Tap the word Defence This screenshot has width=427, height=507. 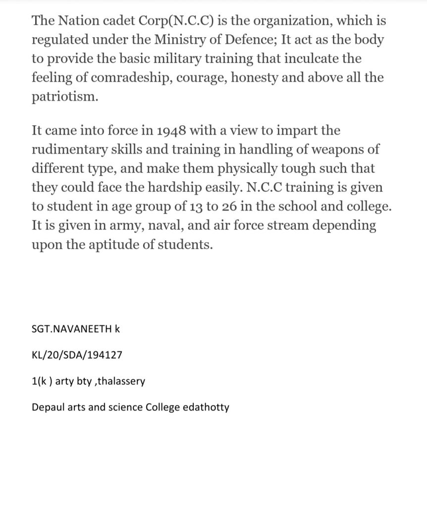click(x=287, y=40)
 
